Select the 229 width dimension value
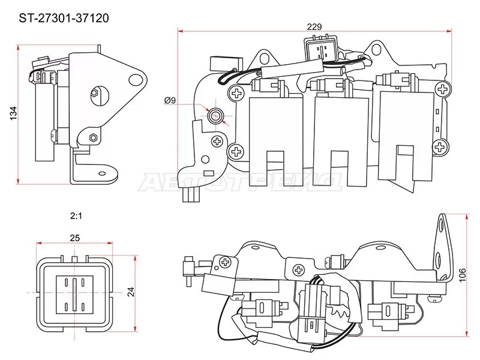(x=314, y=26)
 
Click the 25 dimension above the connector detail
(x=74, y=238)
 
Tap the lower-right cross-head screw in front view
(x=442, y=145)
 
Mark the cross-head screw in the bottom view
(x=226, y=262)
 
